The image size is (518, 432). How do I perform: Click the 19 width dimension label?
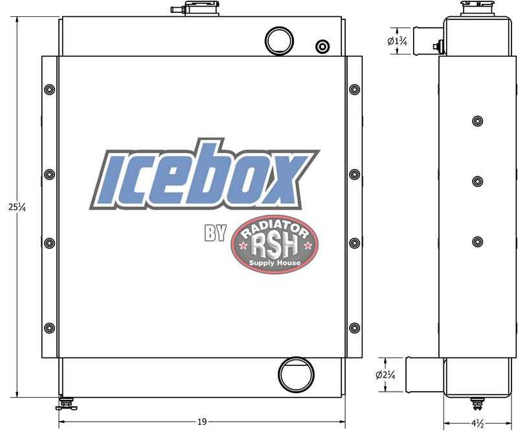point(202,422)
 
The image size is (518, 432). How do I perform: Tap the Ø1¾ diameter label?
point(396,42)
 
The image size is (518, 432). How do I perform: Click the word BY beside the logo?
point(216,233)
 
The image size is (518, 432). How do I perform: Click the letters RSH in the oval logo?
point(275,246)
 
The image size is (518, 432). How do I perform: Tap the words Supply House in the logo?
point(275,263)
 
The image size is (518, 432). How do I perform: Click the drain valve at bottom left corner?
point(65,405)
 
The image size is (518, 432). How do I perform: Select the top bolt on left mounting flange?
point(50,89)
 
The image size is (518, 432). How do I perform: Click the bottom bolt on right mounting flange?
point(354,327)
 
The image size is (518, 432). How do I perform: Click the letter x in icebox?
point(280,179)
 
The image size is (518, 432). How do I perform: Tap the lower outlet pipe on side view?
point(423,374)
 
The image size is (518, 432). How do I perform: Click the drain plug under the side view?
point(478,403)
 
